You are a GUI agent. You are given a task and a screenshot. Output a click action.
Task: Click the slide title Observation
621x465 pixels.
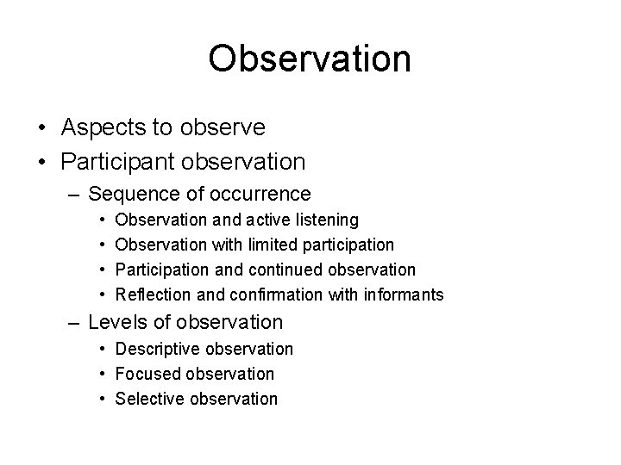point(310,59)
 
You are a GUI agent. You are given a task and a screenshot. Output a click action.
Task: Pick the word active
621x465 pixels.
point(267,221)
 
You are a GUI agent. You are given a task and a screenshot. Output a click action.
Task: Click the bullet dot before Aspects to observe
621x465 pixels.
point(42,128)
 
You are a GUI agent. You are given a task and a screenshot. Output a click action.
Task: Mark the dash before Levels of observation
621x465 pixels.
point(75,323)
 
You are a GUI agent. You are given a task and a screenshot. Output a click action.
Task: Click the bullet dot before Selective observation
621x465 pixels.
point(102,399)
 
